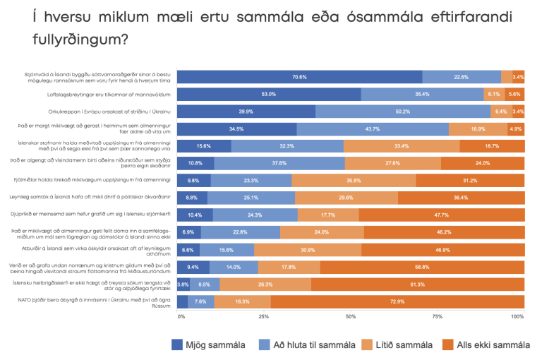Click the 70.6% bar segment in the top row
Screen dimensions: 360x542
(x=299, y=77)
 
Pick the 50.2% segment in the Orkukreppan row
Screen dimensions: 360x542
(x=402, y=112)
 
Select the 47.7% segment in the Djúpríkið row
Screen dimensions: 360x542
(x=442, y=215)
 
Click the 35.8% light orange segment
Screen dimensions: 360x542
(x=354, y=180)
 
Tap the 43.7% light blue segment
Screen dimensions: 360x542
(x=372, y=128)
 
